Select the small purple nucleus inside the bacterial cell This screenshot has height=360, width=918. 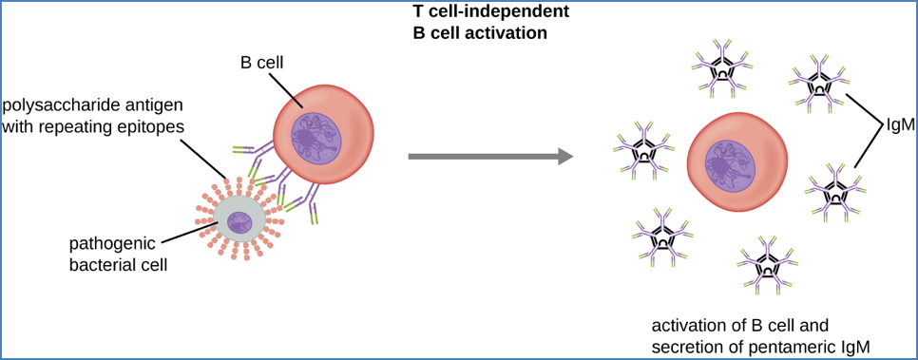click(x=239, y=223)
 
